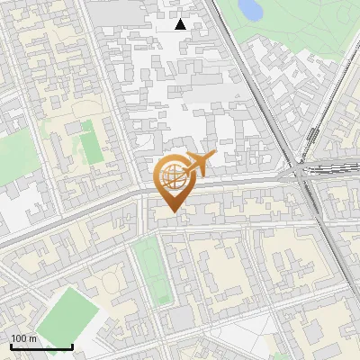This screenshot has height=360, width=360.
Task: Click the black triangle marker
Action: pyautogui.click(x=181, y=24)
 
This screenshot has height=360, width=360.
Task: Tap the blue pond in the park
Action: pyautogui.click(x=249, y=10)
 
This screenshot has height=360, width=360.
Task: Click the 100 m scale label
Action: pyautogui.click(x=23, y=338)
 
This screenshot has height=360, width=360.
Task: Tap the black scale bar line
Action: pyautogui.click(x=41, y=346)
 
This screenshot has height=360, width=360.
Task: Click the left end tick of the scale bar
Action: pyautogui.click(x=11, y=345)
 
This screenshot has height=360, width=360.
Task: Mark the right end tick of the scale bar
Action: pyautogui.click(x=72, y=345)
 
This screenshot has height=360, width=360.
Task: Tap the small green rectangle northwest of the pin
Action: pyautogui.click(x=90, y=143)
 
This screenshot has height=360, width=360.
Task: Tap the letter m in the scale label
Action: pyautogui.click(x=32, y=338)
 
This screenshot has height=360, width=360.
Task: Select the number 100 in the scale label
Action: pyautogui.click(x=19, y=338)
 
